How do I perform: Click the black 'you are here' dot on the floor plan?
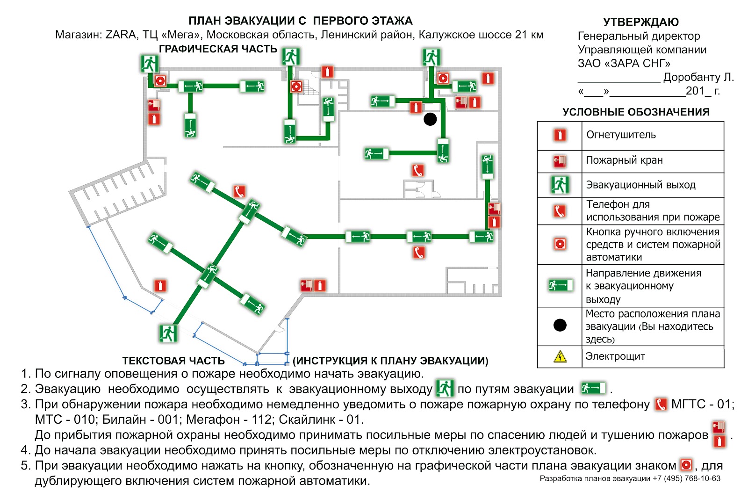click(x=430, y=119)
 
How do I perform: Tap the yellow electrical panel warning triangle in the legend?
click(x=560, y=357)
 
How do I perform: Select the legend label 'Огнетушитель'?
click(x=621, y=135)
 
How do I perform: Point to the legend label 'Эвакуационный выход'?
click(x=640, y=185)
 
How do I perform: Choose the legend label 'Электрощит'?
click(x=615, y=356)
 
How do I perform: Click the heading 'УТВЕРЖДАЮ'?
click(x=640, y=22)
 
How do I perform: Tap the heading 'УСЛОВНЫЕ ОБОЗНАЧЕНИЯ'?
click(x=636, y=112)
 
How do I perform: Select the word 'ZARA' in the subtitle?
click(x=121, y=35)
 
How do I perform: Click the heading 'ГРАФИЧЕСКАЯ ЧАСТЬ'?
click(x=218, y=49)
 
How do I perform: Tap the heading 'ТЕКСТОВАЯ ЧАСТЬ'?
click(x=173, y=361)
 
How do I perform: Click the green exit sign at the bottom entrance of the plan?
click(x=168, y=333)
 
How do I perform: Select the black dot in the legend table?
click(x=560, y=325)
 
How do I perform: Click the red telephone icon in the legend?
click(x=560, y=211)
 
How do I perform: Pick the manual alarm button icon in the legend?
click(x=560, y=244)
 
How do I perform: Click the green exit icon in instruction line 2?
click(x=445, y=389)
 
